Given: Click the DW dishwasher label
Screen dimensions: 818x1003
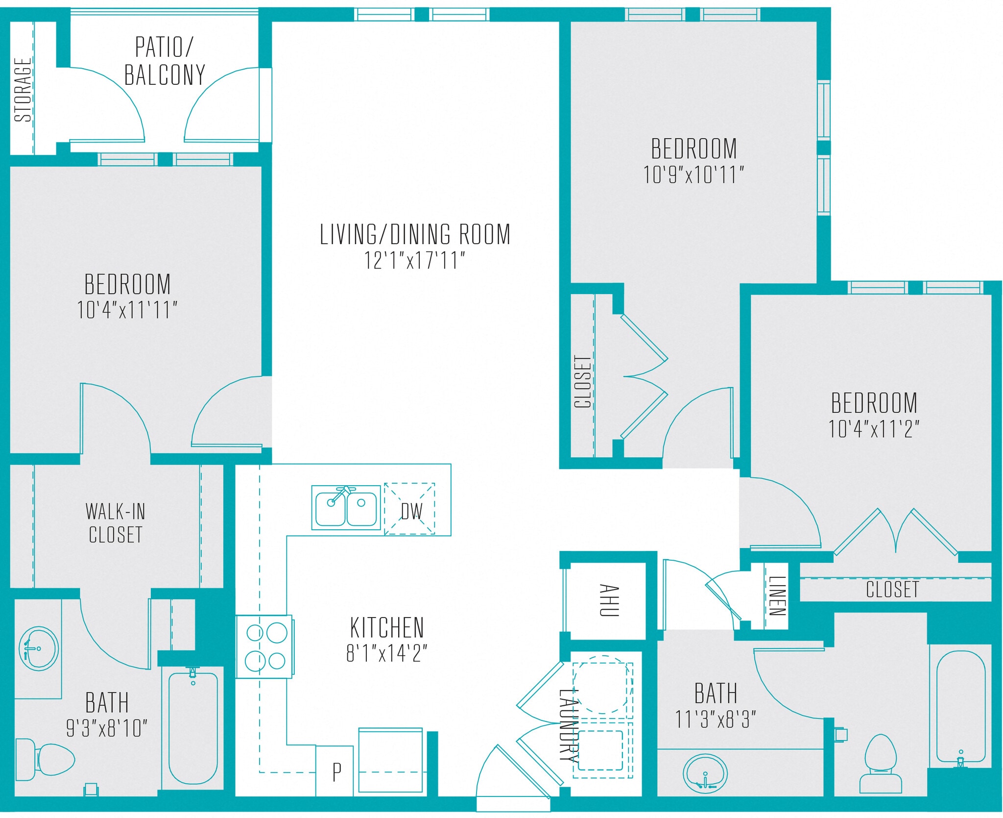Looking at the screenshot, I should (x=411, y=511).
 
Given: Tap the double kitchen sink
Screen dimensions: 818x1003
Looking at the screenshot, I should (x=346, y=508).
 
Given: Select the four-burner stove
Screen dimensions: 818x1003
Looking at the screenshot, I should (x=265, y=646).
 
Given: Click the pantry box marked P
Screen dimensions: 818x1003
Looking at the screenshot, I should (x=335, y=771).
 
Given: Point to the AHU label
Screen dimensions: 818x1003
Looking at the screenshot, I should (x=609, y=600).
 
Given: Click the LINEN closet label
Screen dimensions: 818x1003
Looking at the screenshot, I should (x=777, y=595).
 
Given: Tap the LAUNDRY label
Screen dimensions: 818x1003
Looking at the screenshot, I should (x=569, y=725).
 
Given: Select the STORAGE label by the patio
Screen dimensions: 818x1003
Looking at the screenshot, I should (x=23, y=89).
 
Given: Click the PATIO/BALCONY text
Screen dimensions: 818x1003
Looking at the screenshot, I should (x=165, y=61).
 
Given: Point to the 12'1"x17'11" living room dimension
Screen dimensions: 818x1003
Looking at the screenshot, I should (x=414, y=260).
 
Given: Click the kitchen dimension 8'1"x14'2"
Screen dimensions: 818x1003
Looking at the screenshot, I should (x=386, y=653).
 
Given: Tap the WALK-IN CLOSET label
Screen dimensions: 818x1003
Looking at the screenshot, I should (x=116, y=523).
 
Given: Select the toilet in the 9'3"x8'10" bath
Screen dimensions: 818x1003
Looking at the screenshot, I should (x=47, y=759).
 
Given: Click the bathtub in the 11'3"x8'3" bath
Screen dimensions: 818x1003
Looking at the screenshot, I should (x=960, y=706).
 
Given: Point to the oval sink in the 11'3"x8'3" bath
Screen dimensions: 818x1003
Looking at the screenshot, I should (x=705, y=773).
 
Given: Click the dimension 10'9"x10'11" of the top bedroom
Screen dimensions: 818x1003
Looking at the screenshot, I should (x=693, y=175).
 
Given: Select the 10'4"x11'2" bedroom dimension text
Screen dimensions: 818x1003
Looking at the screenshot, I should (x=873, y=429).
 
